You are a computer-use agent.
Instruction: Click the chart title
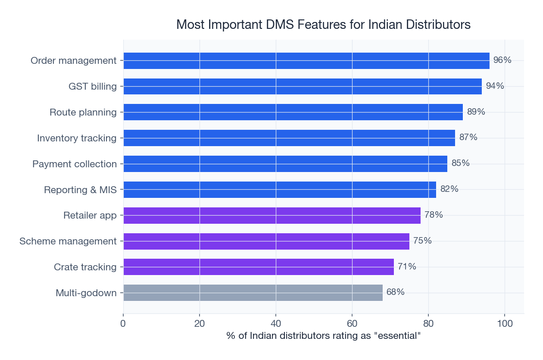[323, 25]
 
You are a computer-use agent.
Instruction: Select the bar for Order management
[306, 61]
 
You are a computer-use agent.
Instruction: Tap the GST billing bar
[302, 86]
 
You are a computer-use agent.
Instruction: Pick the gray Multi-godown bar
[253, 293]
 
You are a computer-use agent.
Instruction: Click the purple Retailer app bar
[271, 215]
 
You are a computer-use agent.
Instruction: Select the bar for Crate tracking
[258, 267]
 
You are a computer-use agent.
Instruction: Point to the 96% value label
[502, 60]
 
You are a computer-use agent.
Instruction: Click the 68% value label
[395, 292]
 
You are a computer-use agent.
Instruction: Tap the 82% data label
[449, 189]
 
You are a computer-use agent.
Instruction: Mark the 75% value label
[422, 241]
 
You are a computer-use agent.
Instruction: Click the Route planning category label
[83, 113]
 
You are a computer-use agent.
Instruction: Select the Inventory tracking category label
[77, 138]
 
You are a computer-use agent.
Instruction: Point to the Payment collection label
[74, 164]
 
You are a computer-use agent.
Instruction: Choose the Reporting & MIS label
[80, 190]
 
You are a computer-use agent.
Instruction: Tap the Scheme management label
[68, 241]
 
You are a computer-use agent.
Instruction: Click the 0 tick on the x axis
[123, 323]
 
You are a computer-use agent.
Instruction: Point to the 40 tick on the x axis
[276, 323]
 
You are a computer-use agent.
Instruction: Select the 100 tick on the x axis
[505, 323]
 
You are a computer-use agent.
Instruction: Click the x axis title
[323, 336]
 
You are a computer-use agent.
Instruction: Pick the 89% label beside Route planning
[476, 112]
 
